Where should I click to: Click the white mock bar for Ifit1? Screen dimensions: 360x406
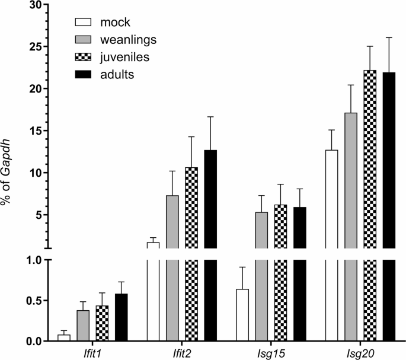63,338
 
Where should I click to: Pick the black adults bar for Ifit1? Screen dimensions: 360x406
122,317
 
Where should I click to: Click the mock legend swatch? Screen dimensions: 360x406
84,23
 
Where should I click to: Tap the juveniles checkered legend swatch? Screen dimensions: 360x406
84,58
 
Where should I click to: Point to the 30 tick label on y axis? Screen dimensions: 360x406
36,5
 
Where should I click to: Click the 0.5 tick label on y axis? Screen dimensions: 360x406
34,301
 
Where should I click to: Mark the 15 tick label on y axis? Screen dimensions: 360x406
36,131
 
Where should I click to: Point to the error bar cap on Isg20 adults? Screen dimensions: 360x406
389,37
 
